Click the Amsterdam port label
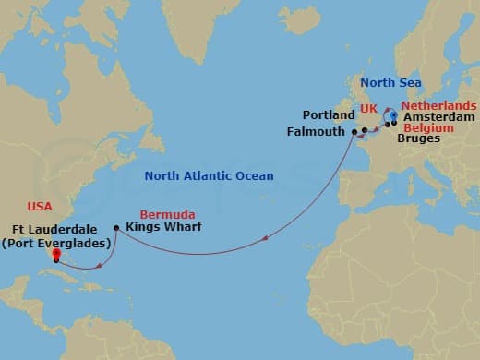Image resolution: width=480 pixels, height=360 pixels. (x=439, y=118)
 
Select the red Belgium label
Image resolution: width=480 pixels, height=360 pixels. (x=428, y=128)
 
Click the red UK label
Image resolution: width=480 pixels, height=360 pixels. (x=369, y=109)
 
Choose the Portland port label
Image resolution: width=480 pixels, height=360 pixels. (x=330, y=115)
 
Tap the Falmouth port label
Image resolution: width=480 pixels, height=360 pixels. (x=320, y=133)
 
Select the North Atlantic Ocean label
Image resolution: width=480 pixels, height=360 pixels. (x=208, y=175)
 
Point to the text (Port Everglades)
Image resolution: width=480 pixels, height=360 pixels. (x=56, y=243)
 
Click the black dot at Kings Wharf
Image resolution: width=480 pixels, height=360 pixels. (x=115, y=228)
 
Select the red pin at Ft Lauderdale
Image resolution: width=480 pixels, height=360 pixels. (x=55, y=255)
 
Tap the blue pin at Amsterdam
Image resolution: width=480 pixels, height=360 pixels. (x=394, y=116)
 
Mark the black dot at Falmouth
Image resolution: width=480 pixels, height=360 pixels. (x=354, y=133)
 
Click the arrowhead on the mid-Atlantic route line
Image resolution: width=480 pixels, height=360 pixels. (x=265, y=239)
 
